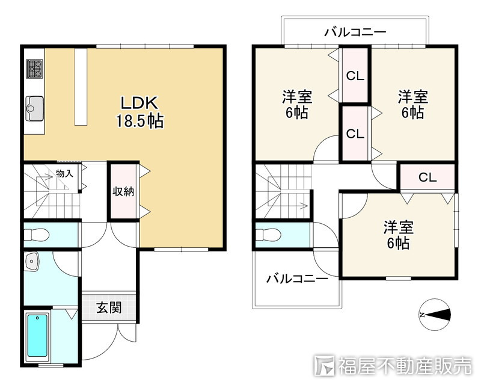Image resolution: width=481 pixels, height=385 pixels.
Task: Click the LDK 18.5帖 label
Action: coord(139,111)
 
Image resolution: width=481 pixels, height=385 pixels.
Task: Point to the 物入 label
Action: coord(64,174)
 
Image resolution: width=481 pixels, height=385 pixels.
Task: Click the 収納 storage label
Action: coord(123,191)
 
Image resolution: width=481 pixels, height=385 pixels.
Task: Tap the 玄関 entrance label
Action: coord(109,307)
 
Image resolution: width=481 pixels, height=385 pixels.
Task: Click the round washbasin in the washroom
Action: coord(32,262)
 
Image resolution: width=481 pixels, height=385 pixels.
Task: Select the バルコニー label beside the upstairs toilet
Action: coord(297,279)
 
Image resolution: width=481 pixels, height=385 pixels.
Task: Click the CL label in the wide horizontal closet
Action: coord(427,177)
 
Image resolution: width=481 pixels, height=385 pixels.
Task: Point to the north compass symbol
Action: coord(434,315)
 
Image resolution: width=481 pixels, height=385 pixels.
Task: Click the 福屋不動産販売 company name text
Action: coord(404,365)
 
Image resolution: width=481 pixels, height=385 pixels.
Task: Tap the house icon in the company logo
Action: coord(325,365)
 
